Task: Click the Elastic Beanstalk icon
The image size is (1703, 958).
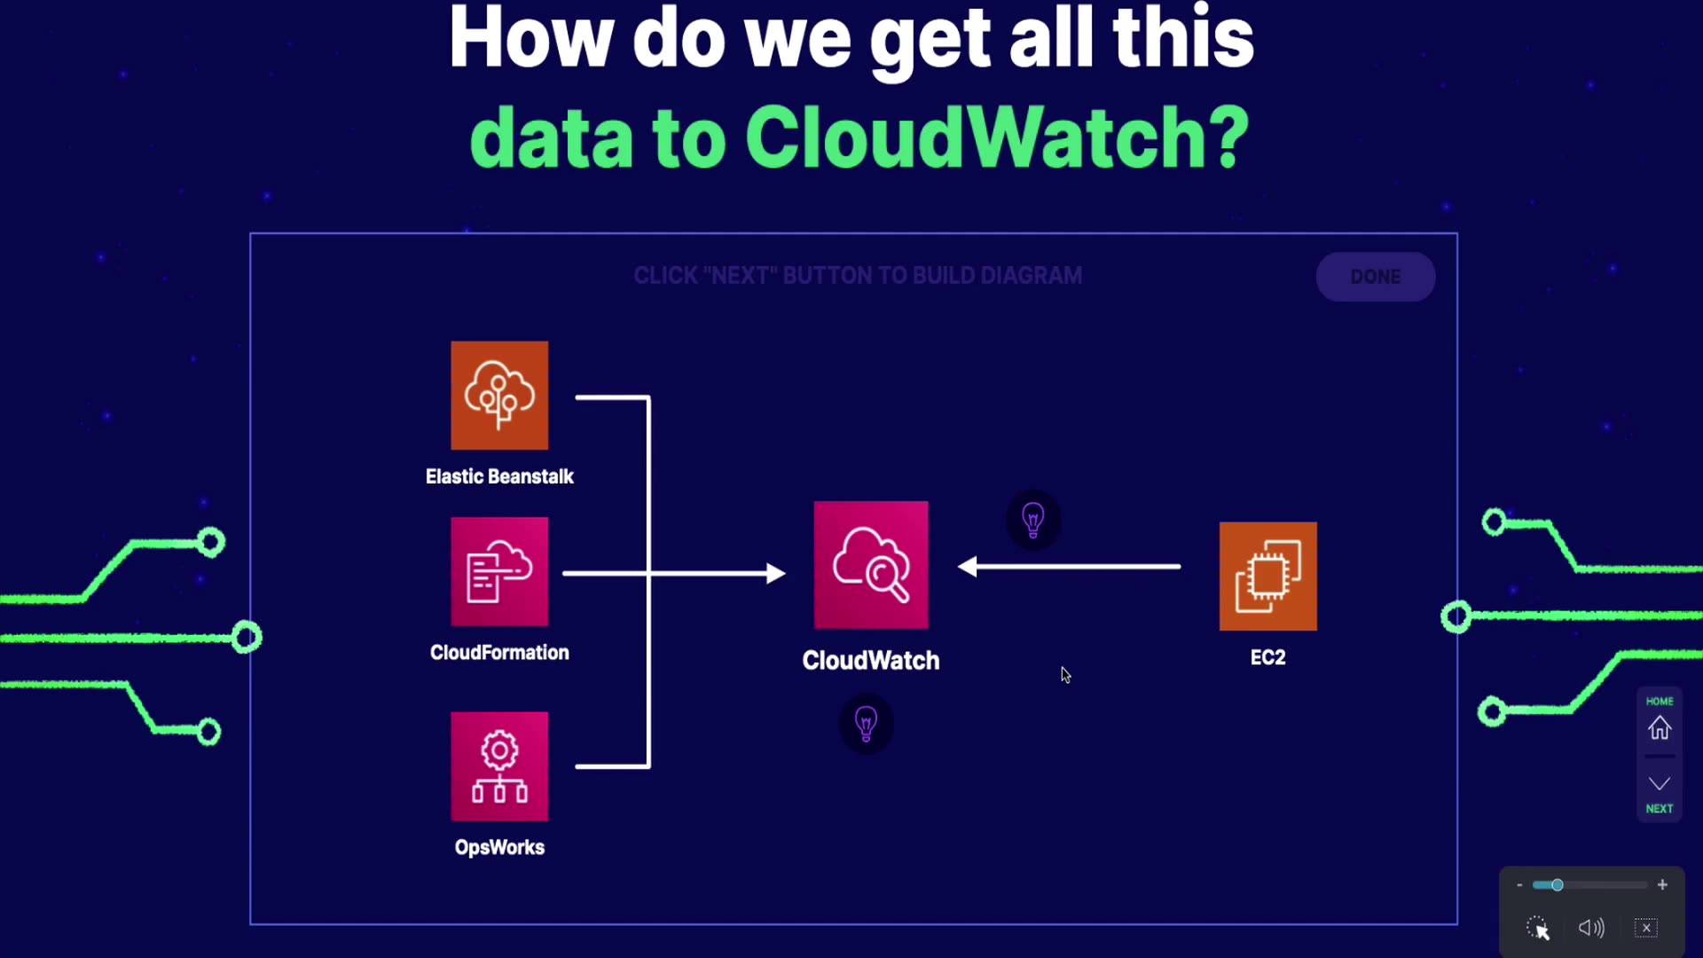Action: [499, 396]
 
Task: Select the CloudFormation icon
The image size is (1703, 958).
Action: [499, 572]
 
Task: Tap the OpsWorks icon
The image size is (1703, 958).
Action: [499, 766]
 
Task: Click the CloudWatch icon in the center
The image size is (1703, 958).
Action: [871, 565]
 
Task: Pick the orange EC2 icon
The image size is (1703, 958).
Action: [1267, 577]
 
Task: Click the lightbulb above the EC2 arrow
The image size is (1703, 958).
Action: [1033, 520]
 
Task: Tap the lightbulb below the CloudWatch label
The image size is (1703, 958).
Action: [867, 724]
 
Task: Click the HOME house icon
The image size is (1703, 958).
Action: [1660, 728]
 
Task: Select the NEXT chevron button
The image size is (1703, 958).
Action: [1660, 784]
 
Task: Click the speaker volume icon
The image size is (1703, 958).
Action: [1591, 928]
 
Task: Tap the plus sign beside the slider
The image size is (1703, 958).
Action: [1662, 885]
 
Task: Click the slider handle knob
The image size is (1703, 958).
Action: [1557, 885]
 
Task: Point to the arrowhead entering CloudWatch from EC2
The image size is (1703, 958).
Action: [969, 567]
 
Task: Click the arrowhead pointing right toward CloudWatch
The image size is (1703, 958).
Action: [775, 574]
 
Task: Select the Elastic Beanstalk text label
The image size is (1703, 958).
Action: [499, 477]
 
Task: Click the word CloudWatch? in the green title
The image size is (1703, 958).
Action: [997, 137]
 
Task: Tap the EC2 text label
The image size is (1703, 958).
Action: [1267, 657]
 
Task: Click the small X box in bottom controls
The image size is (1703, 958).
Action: [1646, 928]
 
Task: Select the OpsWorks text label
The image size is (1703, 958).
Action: [499, 847]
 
